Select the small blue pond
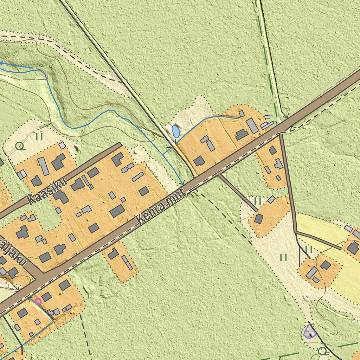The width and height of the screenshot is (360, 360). pyautogui.click(x=175, y=131)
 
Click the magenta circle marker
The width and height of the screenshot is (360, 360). pyautogui.click(x=38, y=301)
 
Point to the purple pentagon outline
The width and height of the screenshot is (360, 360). pyautogui.click(x=310, y=332)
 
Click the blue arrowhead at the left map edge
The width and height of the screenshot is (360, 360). pyautogui.click(x=2, y=63)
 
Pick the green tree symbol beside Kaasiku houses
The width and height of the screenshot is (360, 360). pyautogui.click(x=21, y=146)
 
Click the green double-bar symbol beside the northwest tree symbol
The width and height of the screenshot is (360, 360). pyautogui.click(x=39, y=136)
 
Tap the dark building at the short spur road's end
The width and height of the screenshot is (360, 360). pyautogui.click(x=258, y=219)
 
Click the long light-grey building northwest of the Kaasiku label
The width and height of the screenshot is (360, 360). pyautogui.click(x=43, y=166)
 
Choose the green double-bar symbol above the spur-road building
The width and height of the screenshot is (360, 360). pyautogui.click(x=258, y=201)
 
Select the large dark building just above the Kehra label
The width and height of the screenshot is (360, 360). pyautogui.click(x=117, y=211)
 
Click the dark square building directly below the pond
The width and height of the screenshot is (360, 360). pyautogui.click(x=199, y=161)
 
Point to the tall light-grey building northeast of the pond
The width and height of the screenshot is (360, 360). pyautogui.click(x=252, y=126)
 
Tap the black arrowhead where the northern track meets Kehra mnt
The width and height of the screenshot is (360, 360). pyautogui.click(x=286, y=116)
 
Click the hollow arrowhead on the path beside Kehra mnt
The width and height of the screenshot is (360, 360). pyautogui.click(x=293, y=129)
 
